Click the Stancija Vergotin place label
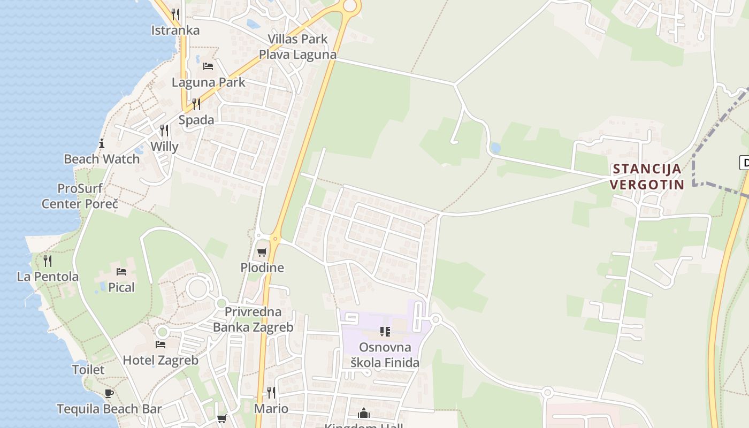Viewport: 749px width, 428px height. click(648, 177)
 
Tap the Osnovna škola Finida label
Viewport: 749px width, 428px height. click(385, 355)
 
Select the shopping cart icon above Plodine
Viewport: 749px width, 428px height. click(262, 253)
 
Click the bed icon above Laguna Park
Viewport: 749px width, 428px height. click(208, 66)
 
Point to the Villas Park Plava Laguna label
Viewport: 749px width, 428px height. click(297, 47)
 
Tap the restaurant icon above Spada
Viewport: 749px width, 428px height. click(196, 104)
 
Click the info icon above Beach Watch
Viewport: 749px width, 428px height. click(102, 143)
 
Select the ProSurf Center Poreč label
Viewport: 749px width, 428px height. click(80, 196)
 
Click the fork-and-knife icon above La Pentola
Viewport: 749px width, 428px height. click(48, 261)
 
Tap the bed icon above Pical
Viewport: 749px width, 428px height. click(121, 272)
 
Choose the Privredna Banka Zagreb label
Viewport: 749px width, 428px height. click(253, 319)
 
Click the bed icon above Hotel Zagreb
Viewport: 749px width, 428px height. click(160, 345)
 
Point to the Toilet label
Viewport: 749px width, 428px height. click(88, 370)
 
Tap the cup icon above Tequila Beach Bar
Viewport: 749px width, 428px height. click(109, 394)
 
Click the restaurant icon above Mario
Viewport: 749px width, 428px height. click(271, 393)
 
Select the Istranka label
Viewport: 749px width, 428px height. click(175, 30)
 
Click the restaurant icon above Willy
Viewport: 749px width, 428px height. click(164, 131)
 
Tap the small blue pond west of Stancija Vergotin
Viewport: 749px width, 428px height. click(495, 147)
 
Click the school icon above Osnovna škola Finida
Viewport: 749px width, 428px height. click(385, 332)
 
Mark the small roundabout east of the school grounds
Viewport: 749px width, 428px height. click(435, 319)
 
